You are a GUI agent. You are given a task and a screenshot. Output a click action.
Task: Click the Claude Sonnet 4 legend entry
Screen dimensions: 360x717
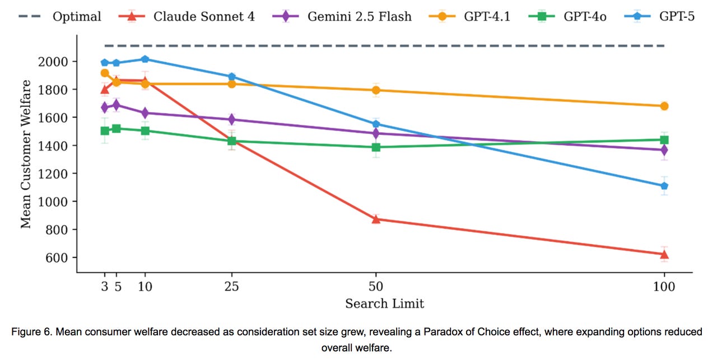[203, 16]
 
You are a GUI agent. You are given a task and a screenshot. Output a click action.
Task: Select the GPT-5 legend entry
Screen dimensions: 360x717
[676, 16]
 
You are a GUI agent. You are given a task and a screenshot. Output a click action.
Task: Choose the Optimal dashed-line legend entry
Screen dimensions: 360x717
[77, 16]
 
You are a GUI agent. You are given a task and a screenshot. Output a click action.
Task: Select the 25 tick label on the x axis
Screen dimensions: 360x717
[232, 287]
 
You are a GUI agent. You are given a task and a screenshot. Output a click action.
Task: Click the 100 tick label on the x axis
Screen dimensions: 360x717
[664, 287]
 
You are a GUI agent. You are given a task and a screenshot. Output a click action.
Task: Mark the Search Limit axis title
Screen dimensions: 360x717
[384, 304]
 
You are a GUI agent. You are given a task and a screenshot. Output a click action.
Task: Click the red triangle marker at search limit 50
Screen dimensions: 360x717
[376, 219]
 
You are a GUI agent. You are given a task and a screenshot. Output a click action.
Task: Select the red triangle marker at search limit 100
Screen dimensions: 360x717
[664, 254]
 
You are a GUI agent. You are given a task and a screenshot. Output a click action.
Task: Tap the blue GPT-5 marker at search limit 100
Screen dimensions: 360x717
[664, 186]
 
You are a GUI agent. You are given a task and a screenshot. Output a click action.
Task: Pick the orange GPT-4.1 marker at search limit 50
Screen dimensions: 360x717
[376, 90]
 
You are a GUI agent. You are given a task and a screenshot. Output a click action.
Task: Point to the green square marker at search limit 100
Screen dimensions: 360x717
[664, 140]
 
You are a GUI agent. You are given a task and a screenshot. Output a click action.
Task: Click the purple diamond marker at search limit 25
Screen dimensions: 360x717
[232, 119]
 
